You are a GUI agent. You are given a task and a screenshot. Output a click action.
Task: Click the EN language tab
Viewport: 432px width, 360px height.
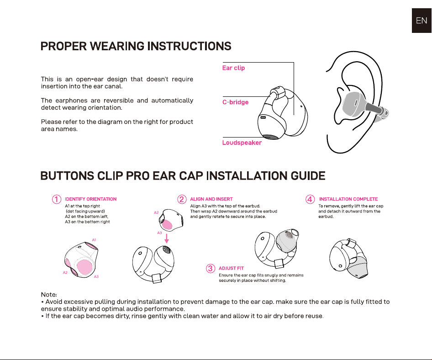[421, 21]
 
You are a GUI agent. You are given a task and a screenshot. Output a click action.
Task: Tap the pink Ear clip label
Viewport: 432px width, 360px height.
[233, 68]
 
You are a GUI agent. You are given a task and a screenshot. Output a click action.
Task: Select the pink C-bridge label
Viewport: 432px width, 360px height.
[235, 102]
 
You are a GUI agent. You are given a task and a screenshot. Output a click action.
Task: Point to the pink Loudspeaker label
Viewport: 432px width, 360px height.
[242, 143]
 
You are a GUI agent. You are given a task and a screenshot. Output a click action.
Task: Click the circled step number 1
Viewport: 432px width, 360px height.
[57, 199]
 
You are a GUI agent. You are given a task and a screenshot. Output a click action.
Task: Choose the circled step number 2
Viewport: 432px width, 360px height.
[182, 199]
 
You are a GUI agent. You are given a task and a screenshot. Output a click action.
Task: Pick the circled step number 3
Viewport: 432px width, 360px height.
[211, 268]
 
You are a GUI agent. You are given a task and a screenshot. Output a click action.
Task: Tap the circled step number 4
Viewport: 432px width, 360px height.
[310, 199]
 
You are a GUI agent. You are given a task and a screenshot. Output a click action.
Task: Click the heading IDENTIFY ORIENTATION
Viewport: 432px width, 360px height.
[90, 199]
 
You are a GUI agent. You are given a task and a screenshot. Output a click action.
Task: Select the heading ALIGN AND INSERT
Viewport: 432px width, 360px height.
[211, 199]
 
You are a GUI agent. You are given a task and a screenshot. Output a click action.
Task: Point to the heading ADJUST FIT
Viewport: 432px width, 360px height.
[231, 268]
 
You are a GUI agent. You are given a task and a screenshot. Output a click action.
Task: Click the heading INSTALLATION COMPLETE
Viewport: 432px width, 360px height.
[348, 199]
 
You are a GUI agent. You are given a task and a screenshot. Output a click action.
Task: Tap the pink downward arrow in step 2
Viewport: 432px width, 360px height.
[166, 238]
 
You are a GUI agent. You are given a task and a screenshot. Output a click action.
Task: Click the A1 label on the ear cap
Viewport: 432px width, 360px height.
[94, 240]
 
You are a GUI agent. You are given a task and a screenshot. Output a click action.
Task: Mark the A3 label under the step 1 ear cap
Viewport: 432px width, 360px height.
[96, 277]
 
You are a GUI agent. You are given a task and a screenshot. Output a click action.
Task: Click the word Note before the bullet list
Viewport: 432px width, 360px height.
[49, 295]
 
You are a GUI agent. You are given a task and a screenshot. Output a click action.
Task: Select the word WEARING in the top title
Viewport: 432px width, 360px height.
[117, 46]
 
